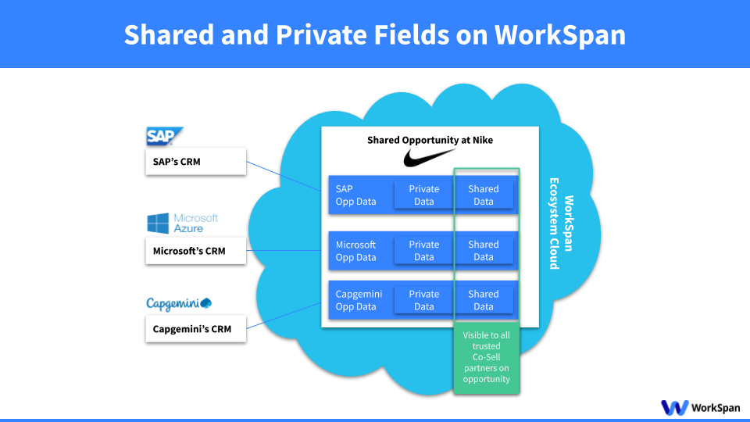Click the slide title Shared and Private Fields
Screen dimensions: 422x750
tap(375, 34)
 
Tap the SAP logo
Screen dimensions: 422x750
tap(165, 137)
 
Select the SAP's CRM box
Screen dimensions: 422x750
tap(195, 163)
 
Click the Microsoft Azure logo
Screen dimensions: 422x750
tap(183, 224)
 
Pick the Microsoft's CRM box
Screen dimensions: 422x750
tap(195, 251)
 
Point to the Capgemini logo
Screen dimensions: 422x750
tap(180, 303)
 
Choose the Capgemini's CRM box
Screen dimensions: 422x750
tap(195, 328)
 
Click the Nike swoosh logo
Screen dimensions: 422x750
tap(430, 159)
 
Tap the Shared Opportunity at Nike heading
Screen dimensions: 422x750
tap(430, 140)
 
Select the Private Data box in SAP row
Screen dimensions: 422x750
tap(423, 195)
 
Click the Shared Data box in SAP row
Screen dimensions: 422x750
tap(484, 195)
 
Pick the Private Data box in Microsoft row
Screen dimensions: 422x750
tap(423, 251)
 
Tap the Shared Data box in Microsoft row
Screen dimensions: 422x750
tap(484, 251)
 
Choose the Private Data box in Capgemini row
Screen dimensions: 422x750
tap(423, 300)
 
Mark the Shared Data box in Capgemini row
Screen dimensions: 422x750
tap(484, 300)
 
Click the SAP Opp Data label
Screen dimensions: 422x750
tap(355, 195)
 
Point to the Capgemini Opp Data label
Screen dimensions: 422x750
tap(359, 300)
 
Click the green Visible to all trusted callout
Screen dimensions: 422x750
tap(486, 357)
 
